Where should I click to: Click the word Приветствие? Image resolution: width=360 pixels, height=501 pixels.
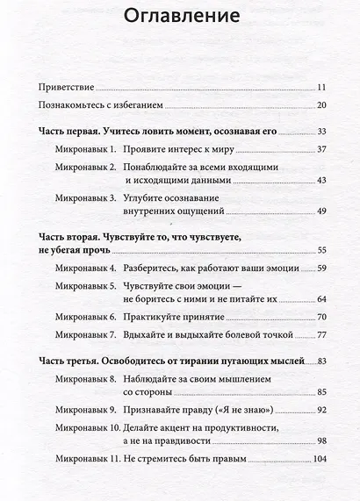[x=66, y=88]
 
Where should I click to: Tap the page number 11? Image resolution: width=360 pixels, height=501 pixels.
[x=321, y=88]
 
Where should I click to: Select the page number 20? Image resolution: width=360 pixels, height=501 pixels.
[x=321, y=105]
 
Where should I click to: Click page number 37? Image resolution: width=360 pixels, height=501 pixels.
[x=321, y=149]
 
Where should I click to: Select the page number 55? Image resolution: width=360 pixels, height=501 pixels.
[x=321, y=249]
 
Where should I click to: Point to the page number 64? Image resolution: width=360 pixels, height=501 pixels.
[x=321, y=298]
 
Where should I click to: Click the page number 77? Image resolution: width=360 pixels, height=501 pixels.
[x=321, y=334]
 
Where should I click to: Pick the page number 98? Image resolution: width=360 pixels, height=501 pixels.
[x=321, y=440]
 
